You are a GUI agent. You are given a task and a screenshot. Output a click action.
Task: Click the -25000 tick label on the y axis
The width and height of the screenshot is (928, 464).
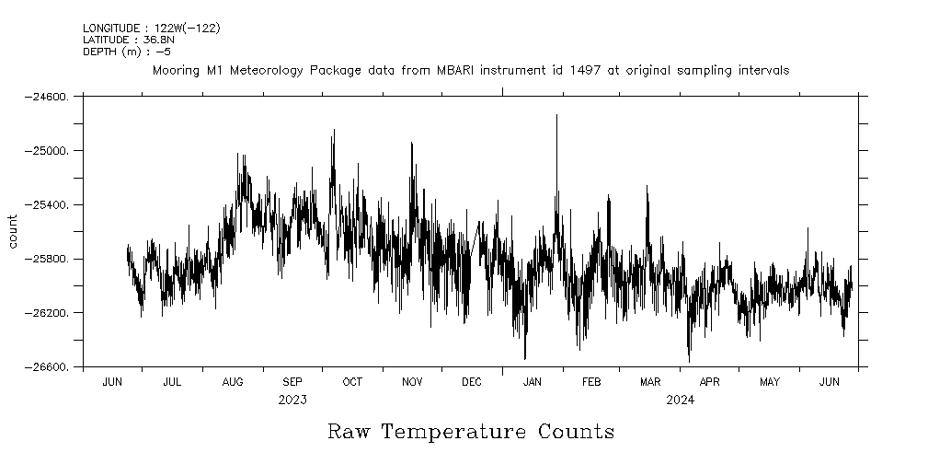49,150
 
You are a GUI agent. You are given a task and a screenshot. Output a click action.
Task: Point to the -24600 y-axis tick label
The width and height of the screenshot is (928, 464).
49,96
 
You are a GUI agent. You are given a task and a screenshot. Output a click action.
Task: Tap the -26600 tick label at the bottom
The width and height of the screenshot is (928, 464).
49,367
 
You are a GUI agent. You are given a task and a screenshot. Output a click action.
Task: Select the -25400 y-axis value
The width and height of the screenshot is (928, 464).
49,204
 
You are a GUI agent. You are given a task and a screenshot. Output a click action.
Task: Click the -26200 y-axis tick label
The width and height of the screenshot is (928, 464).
49,313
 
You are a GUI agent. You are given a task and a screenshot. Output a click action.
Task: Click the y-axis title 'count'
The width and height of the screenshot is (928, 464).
13,231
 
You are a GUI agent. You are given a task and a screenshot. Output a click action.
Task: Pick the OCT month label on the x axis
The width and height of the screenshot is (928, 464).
352,381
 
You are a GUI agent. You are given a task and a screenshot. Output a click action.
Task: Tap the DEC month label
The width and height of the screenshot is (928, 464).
471,381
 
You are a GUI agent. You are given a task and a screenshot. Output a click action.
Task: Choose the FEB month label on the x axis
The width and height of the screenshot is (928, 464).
591,381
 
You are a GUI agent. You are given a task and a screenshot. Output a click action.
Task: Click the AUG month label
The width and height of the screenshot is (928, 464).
233,381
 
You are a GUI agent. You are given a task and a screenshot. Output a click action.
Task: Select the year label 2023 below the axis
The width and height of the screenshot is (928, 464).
292,400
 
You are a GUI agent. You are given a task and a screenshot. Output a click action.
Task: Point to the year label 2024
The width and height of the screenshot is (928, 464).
680,400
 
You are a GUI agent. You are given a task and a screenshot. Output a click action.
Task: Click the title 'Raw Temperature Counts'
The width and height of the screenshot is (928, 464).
471,432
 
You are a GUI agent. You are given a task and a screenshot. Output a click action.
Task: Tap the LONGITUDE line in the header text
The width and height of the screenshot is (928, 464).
151,29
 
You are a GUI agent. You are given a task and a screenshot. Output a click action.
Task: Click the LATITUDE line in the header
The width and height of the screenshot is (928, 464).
124,40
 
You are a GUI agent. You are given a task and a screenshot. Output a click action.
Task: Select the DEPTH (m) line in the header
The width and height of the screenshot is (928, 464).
127,52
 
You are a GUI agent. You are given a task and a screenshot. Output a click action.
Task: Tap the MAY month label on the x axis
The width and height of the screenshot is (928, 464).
769,381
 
